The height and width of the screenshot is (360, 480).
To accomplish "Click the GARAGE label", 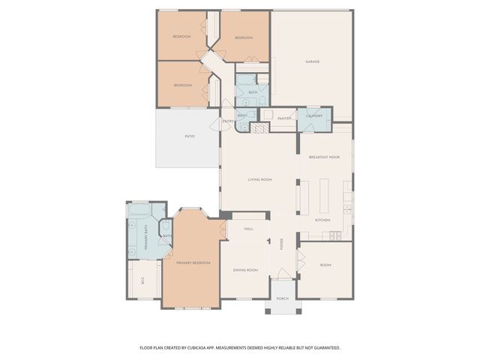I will tap(313, 61).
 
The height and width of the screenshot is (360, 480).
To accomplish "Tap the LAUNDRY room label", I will tap(314, 116).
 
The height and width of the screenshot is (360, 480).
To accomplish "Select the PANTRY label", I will tap(284, 118).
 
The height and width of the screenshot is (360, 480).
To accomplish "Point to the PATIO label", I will tap(190, 136).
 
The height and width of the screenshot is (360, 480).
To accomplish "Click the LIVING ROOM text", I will tap(259, 179).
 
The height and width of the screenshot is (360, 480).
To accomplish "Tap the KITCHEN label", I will tap(322, 220).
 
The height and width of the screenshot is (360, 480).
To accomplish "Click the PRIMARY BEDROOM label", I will tap(193, 262).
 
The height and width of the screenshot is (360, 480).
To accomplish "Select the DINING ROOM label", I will tap(245, 269).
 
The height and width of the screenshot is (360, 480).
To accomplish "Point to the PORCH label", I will tap(282, 298).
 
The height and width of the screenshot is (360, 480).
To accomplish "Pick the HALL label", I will tap(249, 228).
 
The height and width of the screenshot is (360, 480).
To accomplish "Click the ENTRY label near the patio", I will tap(228, 121).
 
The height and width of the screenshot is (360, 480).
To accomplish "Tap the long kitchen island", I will tap(325, 196).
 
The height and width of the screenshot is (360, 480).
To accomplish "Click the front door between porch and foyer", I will tap(283, 279).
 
